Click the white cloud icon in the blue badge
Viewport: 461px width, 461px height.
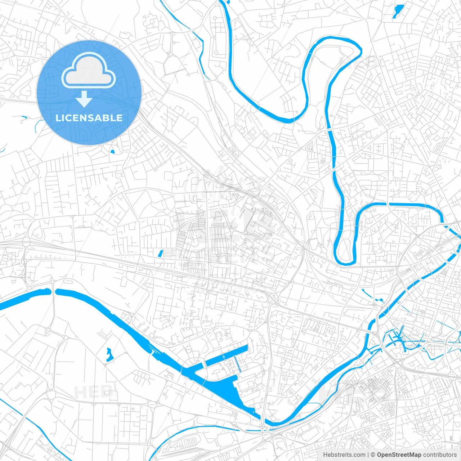pyautogui.click(x=89, y=70)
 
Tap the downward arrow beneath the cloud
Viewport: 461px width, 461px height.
pyautogui.click(x=84, y=99)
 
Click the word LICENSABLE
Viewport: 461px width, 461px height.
pyautogui.click(x=89, y=118)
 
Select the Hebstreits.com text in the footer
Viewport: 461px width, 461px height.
pyautogui.click(x=344, y=455)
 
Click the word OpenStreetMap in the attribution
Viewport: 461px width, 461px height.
pyautogui.click(x=399, y=455)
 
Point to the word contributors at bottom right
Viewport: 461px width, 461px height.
pyautogui.click(x=440, y=455)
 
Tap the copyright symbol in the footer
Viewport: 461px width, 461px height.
pyautogui.click(x=373, y=455)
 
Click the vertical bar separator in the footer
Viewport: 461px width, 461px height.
pyautogui.click(x=368, y=455)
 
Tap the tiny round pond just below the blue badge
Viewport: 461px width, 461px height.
pyautogui.click(x=112, y=152)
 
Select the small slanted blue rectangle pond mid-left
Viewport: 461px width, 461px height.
pyautogui.click(x=160, y=254)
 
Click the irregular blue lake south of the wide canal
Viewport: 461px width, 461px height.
pyautogui.click(x=109, y=355)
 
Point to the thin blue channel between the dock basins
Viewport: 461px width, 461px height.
pyautogui.click(x=239, y=364)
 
